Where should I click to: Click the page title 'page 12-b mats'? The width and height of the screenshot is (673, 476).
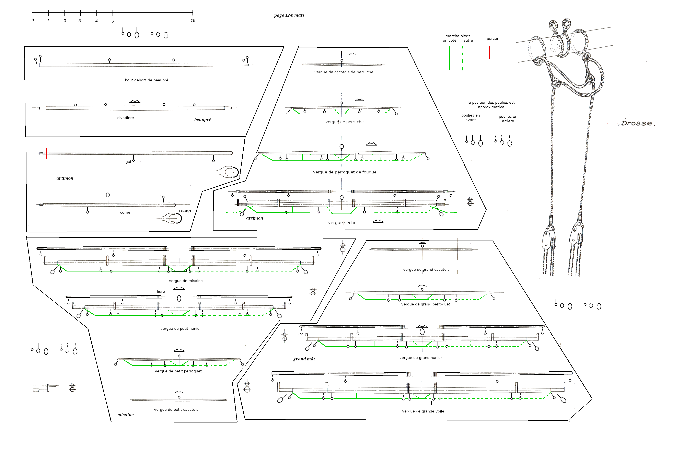(x=289, y=15)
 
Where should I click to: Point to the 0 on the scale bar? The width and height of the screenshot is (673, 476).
(x=33, y=20)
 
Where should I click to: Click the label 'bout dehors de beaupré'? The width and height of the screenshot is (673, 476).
(x=146, y=80)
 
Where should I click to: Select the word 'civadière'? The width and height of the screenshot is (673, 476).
(x=125, y=118)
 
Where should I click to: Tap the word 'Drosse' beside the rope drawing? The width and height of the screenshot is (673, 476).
(x=636, y=123)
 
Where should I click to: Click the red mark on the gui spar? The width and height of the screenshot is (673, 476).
(x=46, y=154)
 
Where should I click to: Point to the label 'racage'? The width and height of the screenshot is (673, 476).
(x=185, y=210)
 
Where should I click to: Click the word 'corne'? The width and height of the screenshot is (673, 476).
(x=125, y=212)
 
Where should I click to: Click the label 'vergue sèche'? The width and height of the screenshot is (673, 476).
(x=342, y=223)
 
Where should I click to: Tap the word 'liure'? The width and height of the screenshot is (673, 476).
(x=161, y=292)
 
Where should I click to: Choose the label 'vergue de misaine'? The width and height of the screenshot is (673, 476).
(x=186, y=281)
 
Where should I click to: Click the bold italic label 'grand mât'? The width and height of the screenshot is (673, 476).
(x=304, y=359)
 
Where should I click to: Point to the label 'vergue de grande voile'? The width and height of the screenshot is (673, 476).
(x=423, y=411)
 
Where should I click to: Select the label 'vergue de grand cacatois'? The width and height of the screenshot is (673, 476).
(x=426, y=270)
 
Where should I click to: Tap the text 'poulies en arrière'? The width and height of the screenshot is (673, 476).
(x=508, y=119)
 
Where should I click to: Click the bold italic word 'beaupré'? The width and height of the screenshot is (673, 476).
(x=202, y=120)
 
